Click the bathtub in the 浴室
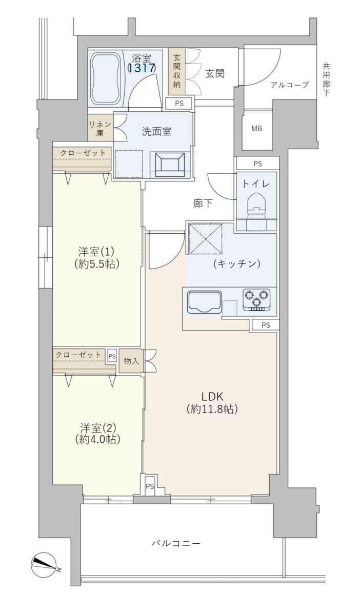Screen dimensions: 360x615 [x=105, y=78]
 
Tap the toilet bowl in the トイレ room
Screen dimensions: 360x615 [x=256, y=205]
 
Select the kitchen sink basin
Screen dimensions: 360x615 [x=205, y=302]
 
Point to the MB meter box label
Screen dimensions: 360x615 [x=257, y=128]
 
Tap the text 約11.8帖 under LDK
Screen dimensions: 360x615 [x=212, y=409]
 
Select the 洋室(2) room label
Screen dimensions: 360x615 [x=98, y=427]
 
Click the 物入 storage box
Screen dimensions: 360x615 [x=131, y=361]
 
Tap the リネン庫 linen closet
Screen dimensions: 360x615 [x=100, y=128]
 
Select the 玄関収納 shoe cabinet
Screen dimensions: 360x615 [x=177, y=71]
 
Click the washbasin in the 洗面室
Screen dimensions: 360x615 [x=170, y=165]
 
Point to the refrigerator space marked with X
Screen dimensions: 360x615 [x=206, y=239]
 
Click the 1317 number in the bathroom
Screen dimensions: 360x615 [x=142, y=68]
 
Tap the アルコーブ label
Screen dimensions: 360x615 [x=290, y=85]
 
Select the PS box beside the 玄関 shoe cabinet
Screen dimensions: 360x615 [x=179, y=104]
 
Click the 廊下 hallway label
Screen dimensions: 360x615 [x=203, y=204]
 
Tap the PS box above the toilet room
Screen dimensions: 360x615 [x=258, y=164]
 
